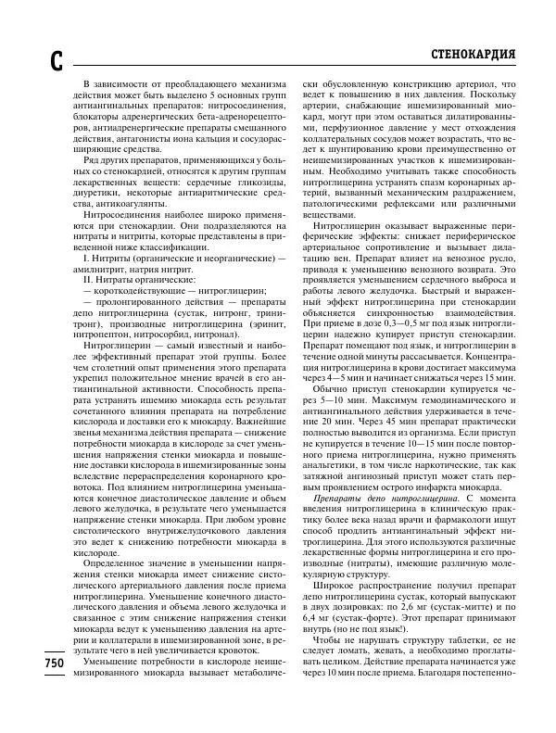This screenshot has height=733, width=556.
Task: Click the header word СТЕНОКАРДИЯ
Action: (474, 53)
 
